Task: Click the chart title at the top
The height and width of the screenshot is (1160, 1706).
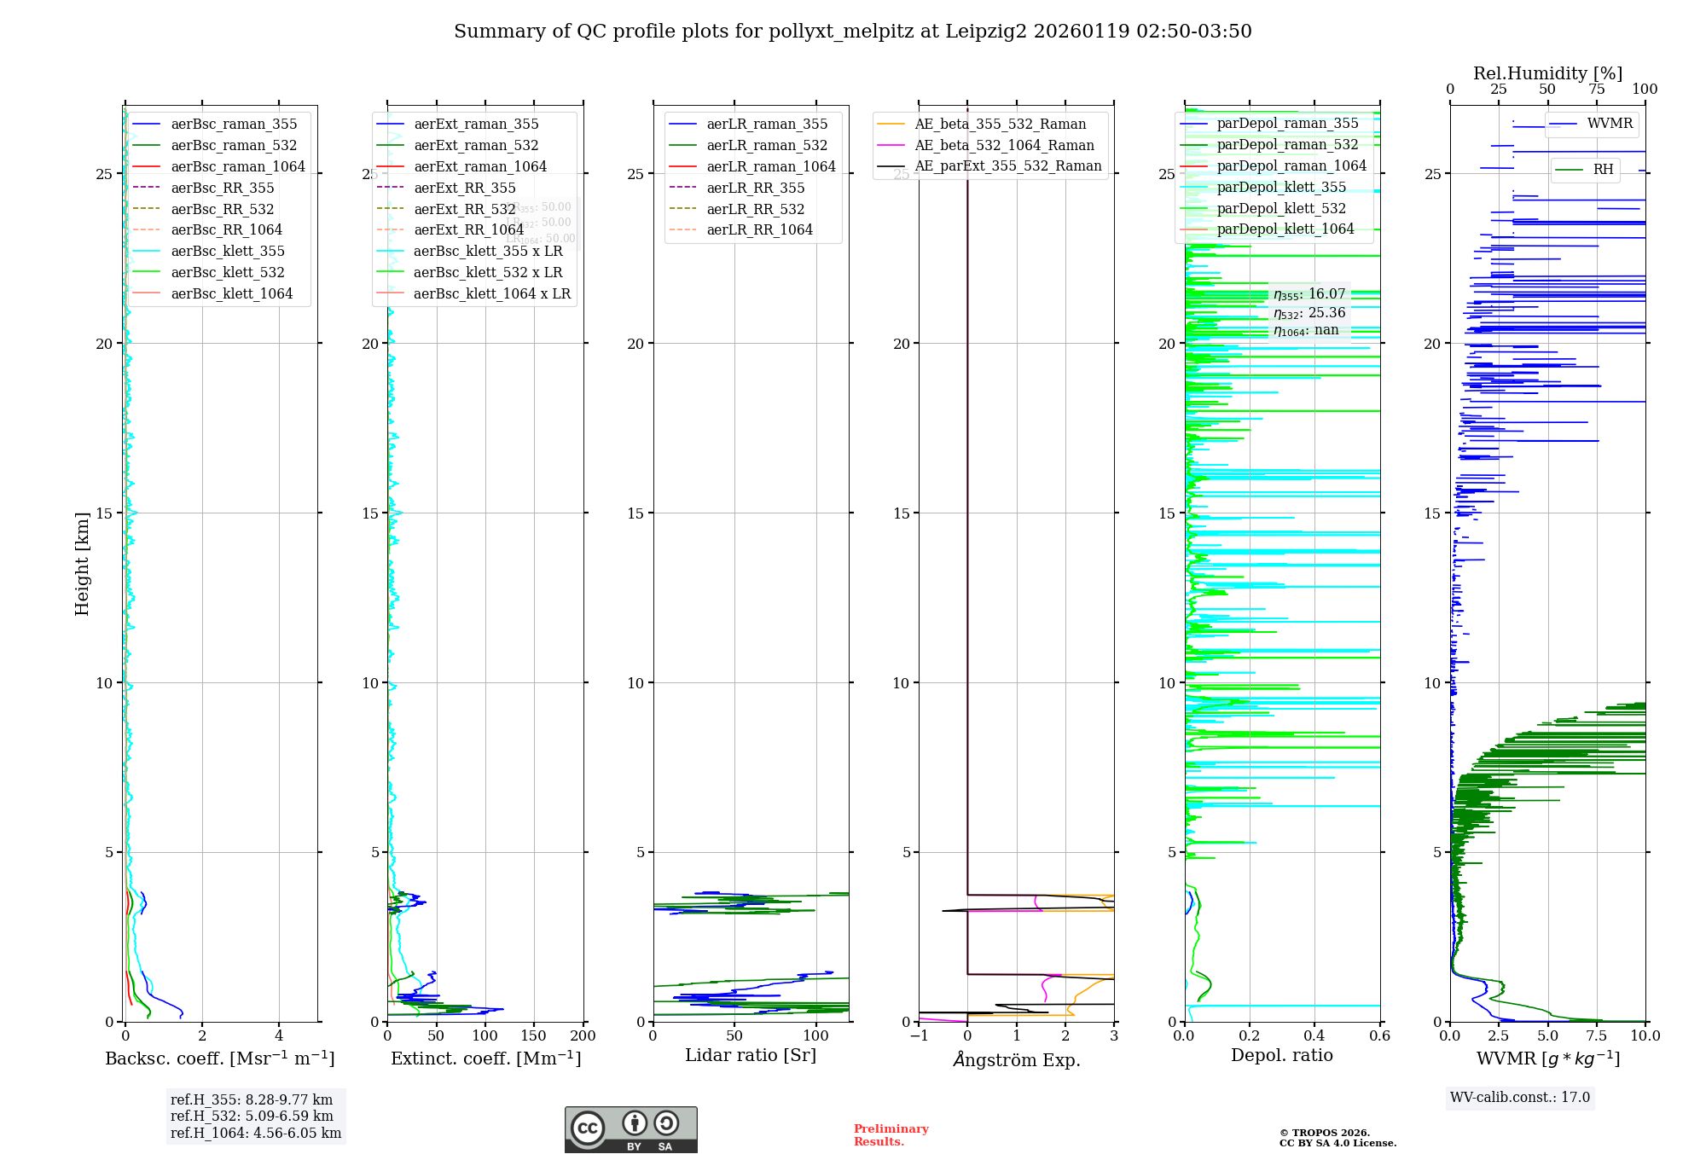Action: [852, 32]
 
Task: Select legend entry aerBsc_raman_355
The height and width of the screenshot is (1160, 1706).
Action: [234, 125]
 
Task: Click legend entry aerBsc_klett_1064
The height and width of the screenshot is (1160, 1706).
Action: [231, 294]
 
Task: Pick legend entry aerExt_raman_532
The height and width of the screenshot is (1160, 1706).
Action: [476, 146]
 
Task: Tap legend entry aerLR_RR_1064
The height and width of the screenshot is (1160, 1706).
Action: [759, 230]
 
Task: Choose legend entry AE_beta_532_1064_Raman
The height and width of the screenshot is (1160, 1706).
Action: [1004, 146]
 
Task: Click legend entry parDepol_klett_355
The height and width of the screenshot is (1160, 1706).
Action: [1281, 188]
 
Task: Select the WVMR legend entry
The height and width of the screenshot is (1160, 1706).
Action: [1610, 125]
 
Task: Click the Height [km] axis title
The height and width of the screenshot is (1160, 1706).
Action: [82, 564]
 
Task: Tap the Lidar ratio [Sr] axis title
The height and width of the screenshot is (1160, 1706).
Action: [751, 1056]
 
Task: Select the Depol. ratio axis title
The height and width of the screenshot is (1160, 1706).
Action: [1281, 1056]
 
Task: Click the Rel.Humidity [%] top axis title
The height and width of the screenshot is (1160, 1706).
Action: [1547, 73]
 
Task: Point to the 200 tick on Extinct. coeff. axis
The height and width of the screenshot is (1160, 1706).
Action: [583, 1036]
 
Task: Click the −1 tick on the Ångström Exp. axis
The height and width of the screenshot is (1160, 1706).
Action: [919, 1036]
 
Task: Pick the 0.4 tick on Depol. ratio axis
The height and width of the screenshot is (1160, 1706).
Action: [1314, 1036]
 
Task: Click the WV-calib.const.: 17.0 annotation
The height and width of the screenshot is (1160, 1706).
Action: [1520, 1098]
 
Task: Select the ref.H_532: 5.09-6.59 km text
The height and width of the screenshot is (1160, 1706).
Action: [252, 1116]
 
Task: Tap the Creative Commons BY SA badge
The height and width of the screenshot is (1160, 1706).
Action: [630, 1130]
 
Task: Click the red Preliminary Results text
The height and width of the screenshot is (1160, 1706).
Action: [891, 1135]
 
